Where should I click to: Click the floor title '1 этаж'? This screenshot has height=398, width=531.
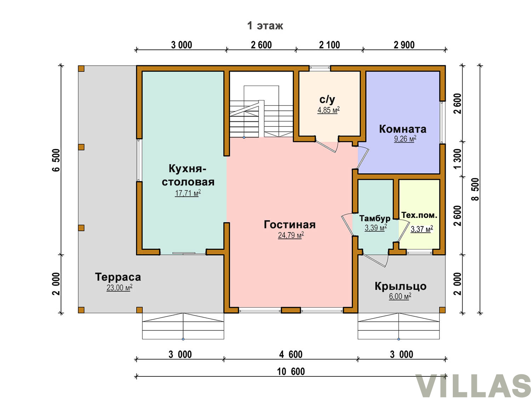(x=265, y=25)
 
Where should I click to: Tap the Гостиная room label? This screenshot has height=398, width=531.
(x=290, y=225)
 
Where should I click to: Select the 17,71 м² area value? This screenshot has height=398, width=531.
(x=188, y=193)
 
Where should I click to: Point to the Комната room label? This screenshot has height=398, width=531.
(x=402, y=129)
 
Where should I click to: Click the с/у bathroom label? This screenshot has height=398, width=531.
(x=327, y=99)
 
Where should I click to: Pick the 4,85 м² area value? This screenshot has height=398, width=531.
(x=329, y=110)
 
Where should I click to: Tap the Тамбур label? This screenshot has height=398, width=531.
(x=375, y=218)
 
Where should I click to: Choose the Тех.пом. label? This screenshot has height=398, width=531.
(x=419, y=215)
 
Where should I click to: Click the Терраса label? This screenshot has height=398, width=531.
(x=118, y=277)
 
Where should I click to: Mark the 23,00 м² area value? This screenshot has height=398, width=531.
(x=119, y=288)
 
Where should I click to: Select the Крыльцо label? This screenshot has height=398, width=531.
(x=400, y=286)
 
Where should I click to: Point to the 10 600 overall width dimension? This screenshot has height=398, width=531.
(x=291, y=372)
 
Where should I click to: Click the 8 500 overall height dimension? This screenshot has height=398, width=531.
(x=475, y=190)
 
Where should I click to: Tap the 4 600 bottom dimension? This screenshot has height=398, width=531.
(x=291, y=355)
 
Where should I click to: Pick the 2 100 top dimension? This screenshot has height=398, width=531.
(x=329, y=45)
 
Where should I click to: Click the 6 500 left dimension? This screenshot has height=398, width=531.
(x=56, y=160)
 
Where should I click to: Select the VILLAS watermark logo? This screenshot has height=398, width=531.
(x=473, y=386)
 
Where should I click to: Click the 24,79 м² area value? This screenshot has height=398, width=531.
(x=291, y=235)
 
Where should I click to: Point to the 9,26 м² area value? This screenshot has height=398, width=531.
(x=405, y=139)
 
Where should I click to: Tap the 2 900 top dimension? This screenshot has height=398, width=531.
(x=404, y=45)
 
